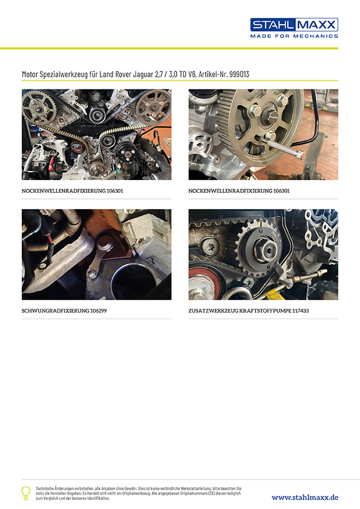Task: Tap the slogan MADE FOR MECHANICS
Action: click(294, 36)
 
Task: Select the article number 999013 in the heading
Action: click(239, 74)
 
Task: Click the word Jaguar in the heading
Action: click(143, 75)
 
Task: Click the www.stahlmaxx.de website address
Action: click(305, 498)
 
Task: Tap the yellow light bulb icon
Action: click(25, 493)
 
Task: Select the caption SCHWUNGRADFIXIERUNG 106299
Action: click(64, 311)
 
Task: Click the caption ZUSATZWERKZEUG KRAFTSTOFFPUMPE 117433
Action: click(249, 311)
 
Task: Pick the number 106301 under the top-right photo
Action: click(281, 191)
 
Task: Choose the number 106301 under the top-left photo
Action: click(115, 191)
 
